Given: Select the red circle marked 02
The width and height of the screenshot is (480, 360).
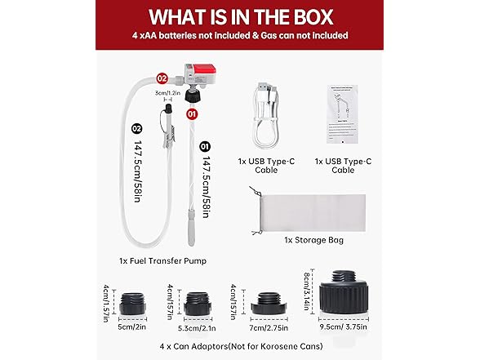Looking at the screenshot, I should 162,79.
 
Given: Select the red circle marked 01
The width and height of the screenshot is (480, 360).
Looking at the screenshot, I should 193,115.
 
